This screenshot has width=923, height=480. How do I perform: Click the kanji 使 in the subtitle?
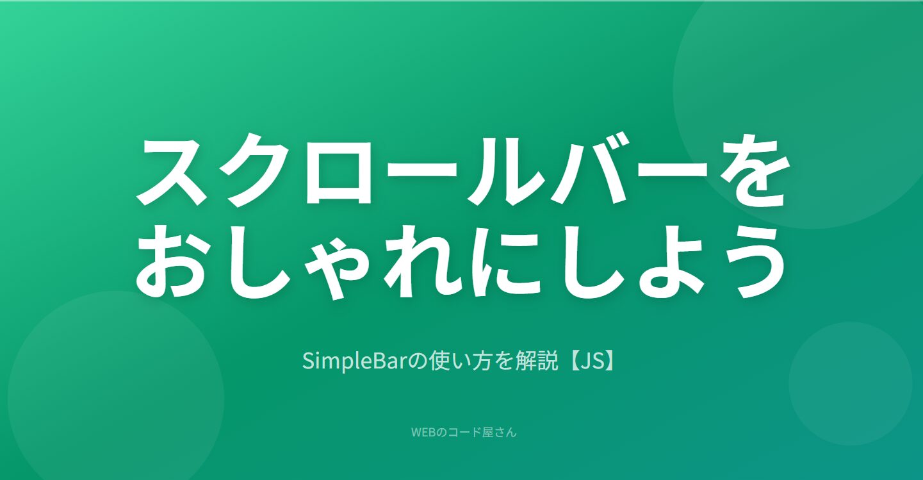[x=439, y=361]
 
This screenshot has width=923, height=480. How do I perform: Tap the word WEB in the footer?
[x=423, y=432]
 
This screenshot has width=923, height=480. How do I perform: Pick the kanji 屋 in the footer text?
[x=488, y=432]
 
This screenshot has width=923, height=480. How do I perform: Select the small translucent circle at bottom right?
[x=850, y=383]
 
